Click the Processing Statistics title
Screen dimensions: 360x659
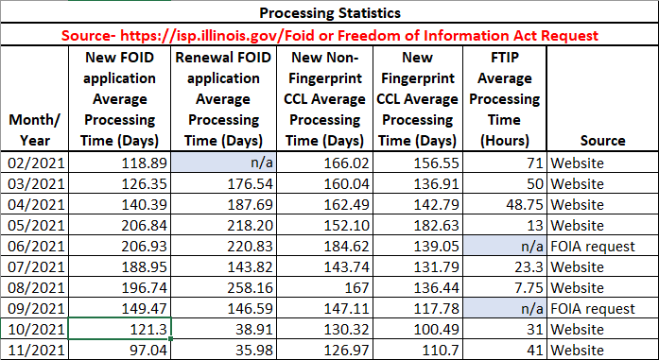pos(328,14)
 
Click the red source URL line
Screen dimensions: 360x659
pos(328,35)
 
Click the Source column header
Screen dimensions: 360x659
pos(602,141)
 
